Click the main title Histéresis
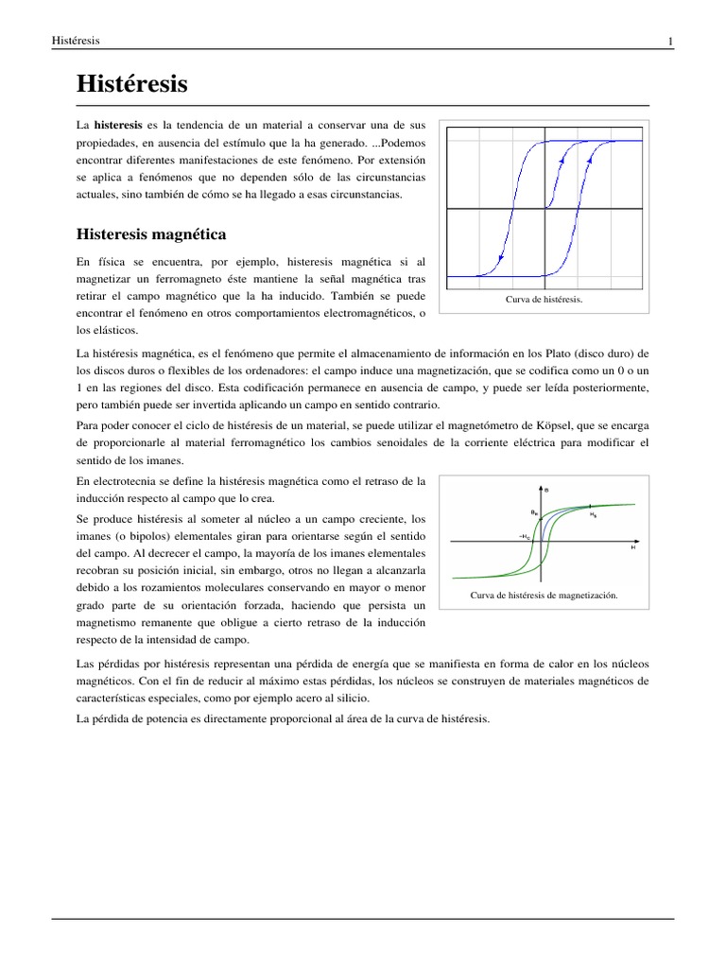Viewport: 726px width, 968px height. pyautogui.click(x=132, y=85)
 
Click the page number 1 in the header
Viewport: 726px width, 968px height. pyautogui.click(x=670, y=42)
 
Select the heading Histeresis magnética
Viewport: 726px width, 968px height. pyautogui.click(x=151, y=233)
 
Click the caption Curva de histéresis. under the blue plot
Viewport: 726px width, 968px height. pyautogui.click(x=544, y=300)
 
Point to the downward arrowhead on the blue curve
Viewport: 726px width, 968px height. pyautogui.click(x=499, y=257)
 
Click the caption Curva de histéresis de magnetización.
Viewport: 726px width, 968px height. pyautogui.click(x=544, y=596)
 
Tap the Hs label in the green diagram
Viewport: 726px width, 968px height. pyautogui.click(x=593, y=516)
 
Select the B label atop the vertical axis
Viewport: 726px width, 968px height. pyautogui.click(x=547, y=489)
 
